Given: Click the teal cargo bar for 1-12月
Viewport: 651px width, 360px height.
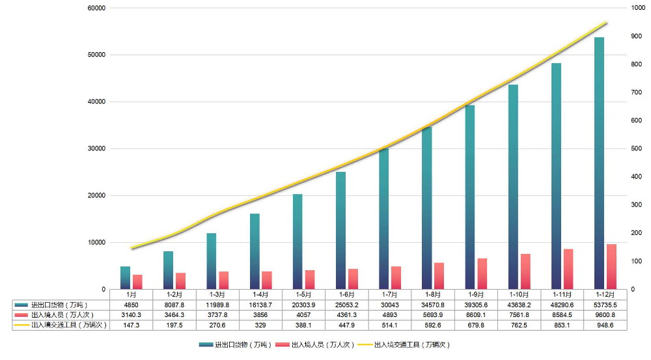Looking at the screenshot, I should (599, 163).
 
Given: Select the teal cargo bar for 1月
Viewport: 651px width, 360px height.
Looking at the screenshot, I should (125, 277).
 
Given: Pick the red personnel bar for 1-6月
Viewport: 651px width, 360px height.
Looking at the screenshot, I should (352, 279).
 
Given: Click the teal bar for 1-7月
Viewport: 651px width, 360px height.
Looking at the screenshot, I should (383, 218).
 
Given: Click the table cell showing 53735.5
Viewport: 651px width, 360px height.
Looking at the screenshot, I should (605, 305).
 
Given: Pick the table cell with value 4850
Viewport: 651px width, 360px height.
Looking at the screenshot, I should (131, 305).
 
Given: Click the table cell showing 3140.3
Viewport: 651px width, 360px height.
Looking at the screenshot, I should (131, 314).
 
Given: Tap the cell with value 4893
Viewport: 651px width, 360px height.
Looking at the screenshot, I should (389, 314).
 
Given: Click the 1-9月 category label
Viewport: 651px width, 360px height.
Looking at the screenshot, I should (476, 295).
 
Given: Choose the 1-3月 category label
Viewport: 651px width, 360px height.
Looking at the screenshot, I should (217, 295).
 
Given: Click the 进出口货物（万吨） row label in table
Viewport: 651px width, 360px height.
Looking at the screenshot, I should (59, 305).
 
